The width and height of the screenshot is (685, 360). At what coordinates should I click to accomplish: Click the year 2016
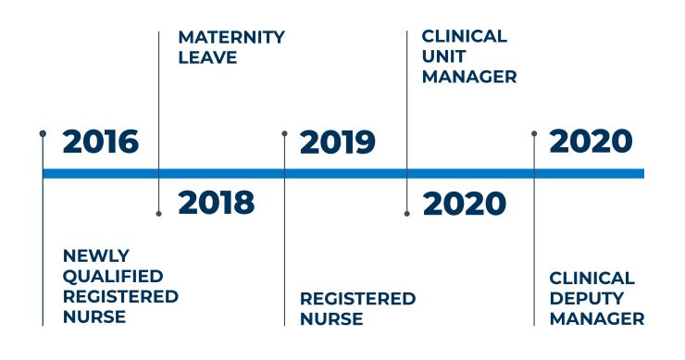coord(100,143)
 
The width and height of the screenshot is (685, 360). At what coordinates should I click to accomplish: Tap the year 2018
coord(216,203)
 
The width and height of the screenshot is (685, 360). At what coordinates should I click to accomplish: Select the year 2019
coord(338,143)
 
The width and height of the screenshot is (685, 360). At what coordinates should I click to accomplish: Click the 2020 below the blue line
coord(465,204)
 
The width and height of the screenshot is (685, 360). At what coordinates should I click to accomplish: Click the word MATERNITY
coord(231,38)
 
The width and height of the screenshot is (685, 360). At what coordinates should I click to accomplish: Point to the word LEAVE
coord(207,57)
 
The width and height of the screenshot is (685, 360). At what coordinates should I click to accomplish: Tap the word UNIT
coord(442,56)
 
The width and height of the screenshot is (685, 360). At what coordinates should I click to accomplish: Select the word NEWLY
coord(96,254)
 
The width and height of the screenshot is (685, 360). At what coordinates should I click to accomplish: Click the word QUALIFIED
coord(113,276)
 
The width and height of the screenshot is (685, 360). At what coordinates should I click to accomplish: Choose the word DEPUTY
coord(586,298)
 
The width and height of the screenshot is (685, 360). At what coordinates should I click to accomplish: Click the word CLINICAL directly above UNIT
coord(465,37)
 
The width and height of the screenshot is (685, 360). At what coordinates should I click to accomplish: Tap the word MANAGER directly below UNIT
coord(469,77)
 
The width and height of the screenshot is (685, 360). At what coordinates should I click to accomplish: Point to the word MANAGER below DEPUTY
coord(597,318)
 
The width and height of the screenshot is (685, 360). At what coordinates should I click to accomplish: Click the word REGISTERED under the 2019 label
coord(357,299)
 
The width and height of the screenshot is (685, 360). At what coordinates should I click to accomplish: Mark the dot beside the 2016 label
coord(43,133)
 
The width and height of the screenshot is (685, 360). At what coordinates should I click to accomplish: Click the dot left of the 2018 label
coord(159,214)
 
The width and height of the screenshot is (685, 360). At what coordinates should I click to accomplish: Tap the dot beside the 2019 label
coord(284,133)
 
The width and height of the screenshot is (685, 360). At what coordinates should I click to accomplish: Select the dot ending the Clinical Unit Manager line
coord(407,214)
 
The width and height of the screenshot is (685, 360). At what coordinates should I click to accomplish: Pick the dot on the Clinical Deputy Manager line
coord(534,133)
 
